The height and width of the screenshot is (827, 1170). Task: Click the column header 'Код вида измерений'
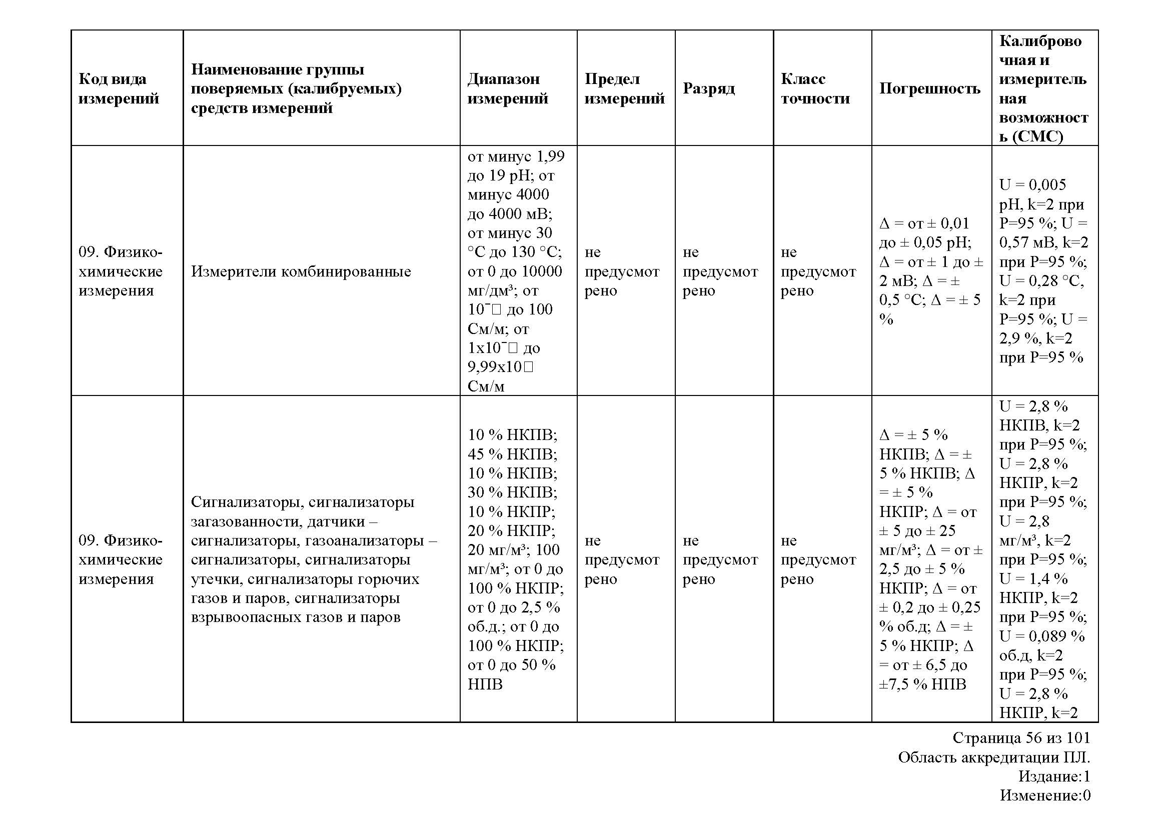click(119, 88)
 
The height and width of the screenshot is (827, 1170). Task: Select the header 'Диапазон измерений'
click(508, 88)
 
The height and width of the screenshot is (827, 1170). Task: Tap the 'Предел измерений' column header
click(624, 88)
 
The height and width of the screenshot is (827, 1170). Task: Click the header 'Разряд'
click(708, 88)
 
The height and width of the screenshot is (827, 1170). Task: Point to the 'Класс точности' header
click(815, 88)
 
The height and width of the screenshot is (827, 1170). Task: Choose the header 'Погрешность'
click(929, 88)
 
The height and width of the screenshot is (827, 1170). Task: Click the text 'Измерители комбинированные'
click(301, 271)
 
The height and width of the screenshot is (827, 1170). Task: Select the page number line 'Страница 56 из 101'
click(1021, 738)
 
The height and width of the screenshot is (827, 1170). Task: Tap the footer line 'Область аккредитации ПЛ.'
click(994, 757)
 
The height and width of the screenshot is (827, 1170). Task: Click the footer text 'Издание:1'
click(1054, 776)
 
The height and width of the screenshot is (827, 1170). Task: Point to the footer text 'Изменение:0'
click(1044, 795)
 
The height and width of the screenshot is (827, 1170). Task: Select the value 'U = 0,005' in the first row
click(1032, 184)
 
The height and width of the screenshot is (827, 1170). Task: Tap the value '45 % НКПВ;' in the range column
click(512, 453)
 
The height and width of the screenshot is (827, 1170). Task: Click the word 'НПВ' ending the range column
click(485, 684)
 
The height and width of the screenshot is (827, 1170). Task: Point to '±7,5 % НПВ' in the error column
click(922, 684)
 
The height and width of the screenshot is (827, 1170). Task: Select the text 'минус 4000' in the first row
click(508, 194)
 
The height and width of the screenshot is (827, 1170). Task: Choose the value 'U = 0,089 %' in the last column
click(1041, 636)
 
